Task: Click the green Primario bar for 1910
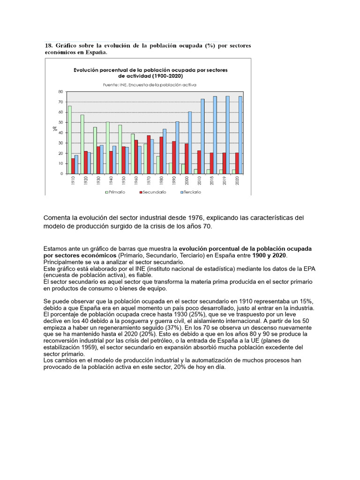pos(70,140)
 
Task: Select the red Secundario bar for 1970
pos(149,155)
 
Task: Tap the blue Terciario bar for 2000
pos(190,142)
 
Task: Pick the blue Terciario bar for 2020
pos(240,135)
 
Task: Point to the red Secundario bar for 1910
pos(73,166)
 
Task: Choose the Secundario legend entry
pos(151,192)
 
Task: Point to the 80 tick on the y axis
pos(60,92)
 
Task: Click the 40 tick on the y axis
pos(60,133)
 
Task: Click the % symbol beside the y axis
pos(54,128)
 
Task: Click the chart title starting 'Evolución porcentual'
pos(150,72)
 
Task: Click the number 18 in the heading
pos(48,46)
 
